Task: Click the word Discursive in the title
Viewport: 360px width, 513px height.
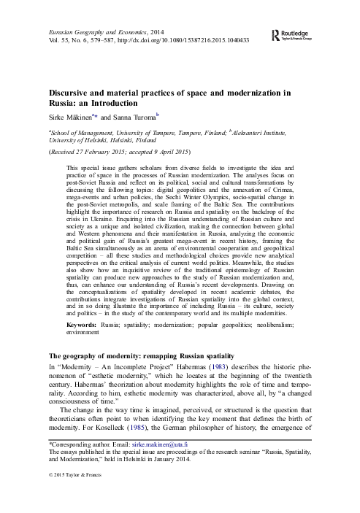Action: click(72, 92)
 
